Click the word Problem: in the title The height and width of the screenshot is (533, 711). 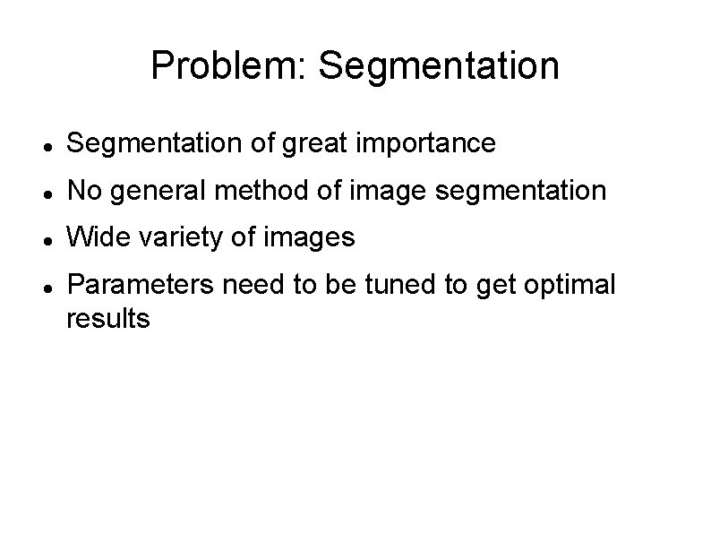(x=228, y=66)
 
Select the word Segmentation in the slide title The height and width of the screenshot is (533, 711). (x=438, y=66)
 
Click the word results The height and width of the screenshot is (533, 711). (x=108, y=318)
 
